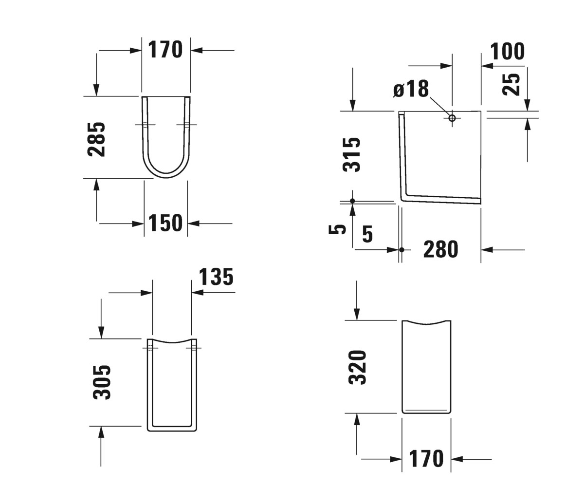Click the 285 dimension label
click(96, 139)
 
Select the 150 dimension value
click(165, 223)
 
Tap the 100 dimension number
click(508, 51)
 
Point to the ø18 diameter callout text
click(411, 89)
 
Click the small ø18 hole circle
click(452, 118)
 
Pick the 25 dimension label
click(511, 85)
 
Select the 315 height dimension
click(351, 154)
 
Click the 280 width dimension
click(441, 249)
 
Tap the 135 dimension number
click(216, 277)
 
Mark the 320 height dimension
click(357, 367)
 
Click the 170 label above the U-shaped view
click(165, 50)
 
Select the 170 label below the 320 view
click(426, 458)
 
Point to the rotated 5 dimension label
click(337, 229)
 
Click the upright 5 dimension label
click(367, 234)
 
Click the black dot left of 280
click(401, 250)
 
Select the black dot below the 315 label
click(352, 201)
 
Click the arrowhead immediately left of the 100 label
click(487, 66)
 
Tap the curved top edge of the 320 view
click(426, 323)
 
